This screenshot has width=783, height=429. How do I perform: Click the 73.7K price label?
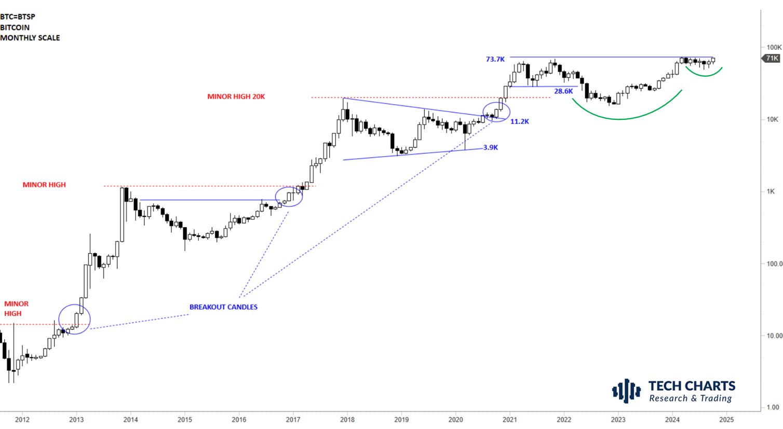[495, 59]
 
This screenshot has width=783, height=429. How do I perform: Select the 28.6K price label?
[563, 91]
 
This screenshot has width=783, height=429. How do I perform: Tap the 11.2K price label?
[519, 121]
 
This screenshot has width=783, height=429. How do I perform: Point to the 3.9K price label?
[490, 147]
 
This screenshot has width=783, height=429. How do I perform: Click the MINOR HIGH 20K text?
[236, 96]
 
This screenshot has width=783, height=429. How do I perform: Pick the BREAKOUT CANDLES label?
[223, 307]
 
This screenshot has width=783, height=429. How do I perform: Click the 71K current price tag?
[772, 58]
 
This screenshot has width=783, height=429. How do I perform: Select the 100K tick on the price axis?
[774, 47]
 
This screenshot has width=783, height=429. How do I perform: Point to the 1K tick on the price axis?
[771, 191]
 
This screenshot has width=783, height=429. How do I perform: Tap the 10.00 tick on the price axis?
[774, 336]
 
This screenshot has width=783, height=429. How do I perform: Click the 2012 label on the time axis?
[22, 420]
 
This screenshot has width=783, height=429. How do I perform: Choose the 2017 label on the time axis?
[293, 420]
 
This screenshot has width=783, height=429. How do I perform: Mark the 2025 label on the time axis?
[726, 420]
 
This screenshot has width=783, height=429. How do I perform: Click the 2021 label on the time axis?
[509, 420]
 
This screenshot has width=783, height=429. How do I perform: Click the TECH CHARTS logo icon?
[626, 391]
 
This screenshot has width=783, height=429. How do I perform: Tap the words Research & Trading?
[690, 398]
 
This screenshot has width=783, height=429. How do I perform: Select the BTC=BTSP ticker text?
[18, 17]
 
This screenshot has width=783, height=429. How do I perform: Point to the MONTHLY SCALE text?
[30, 38]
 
